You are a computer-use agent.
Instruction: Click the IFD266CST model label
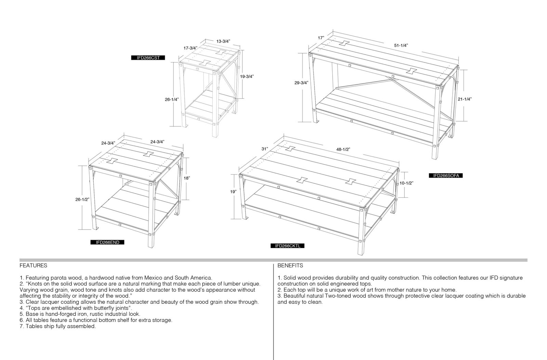(148, 58)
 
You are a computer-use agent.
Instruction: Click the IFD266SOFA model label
(446, 176)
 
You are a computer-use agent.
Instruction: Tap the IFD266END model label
(107, 242)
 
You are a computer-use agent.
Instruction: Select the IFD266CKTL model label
(288, 246)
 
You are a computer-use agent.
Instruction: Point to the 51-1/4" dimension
(401, 45)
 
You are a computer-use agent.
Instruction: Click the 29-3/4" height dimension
(301, 83)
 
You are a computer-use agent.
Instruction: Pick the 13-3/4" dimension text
(223, 41)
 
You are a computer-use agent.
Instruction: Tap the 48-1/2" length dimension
(343, 150)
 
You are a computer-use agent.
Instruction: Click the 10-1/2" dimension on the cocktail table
(406, 183)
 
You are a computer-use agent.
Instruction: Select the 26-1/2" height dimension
(82, 199)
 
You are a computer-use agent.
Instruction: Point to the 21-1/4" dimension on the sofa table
(465, 99)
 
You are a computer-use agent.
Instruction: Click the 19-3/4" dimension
(247, 77)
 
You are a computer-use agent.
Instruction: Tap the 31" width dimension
(265, 149)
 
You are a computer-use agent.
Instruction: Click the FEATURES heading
(33, 266)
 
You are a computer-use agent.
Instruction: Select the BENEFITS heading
(290, 266)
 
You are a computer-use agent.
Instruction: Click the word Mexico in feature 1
(152, 278)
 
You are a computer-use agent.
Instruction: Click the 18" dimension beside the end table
(187, 178)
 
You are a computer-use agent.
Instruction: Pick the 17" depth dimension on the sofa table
(321, 38)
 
